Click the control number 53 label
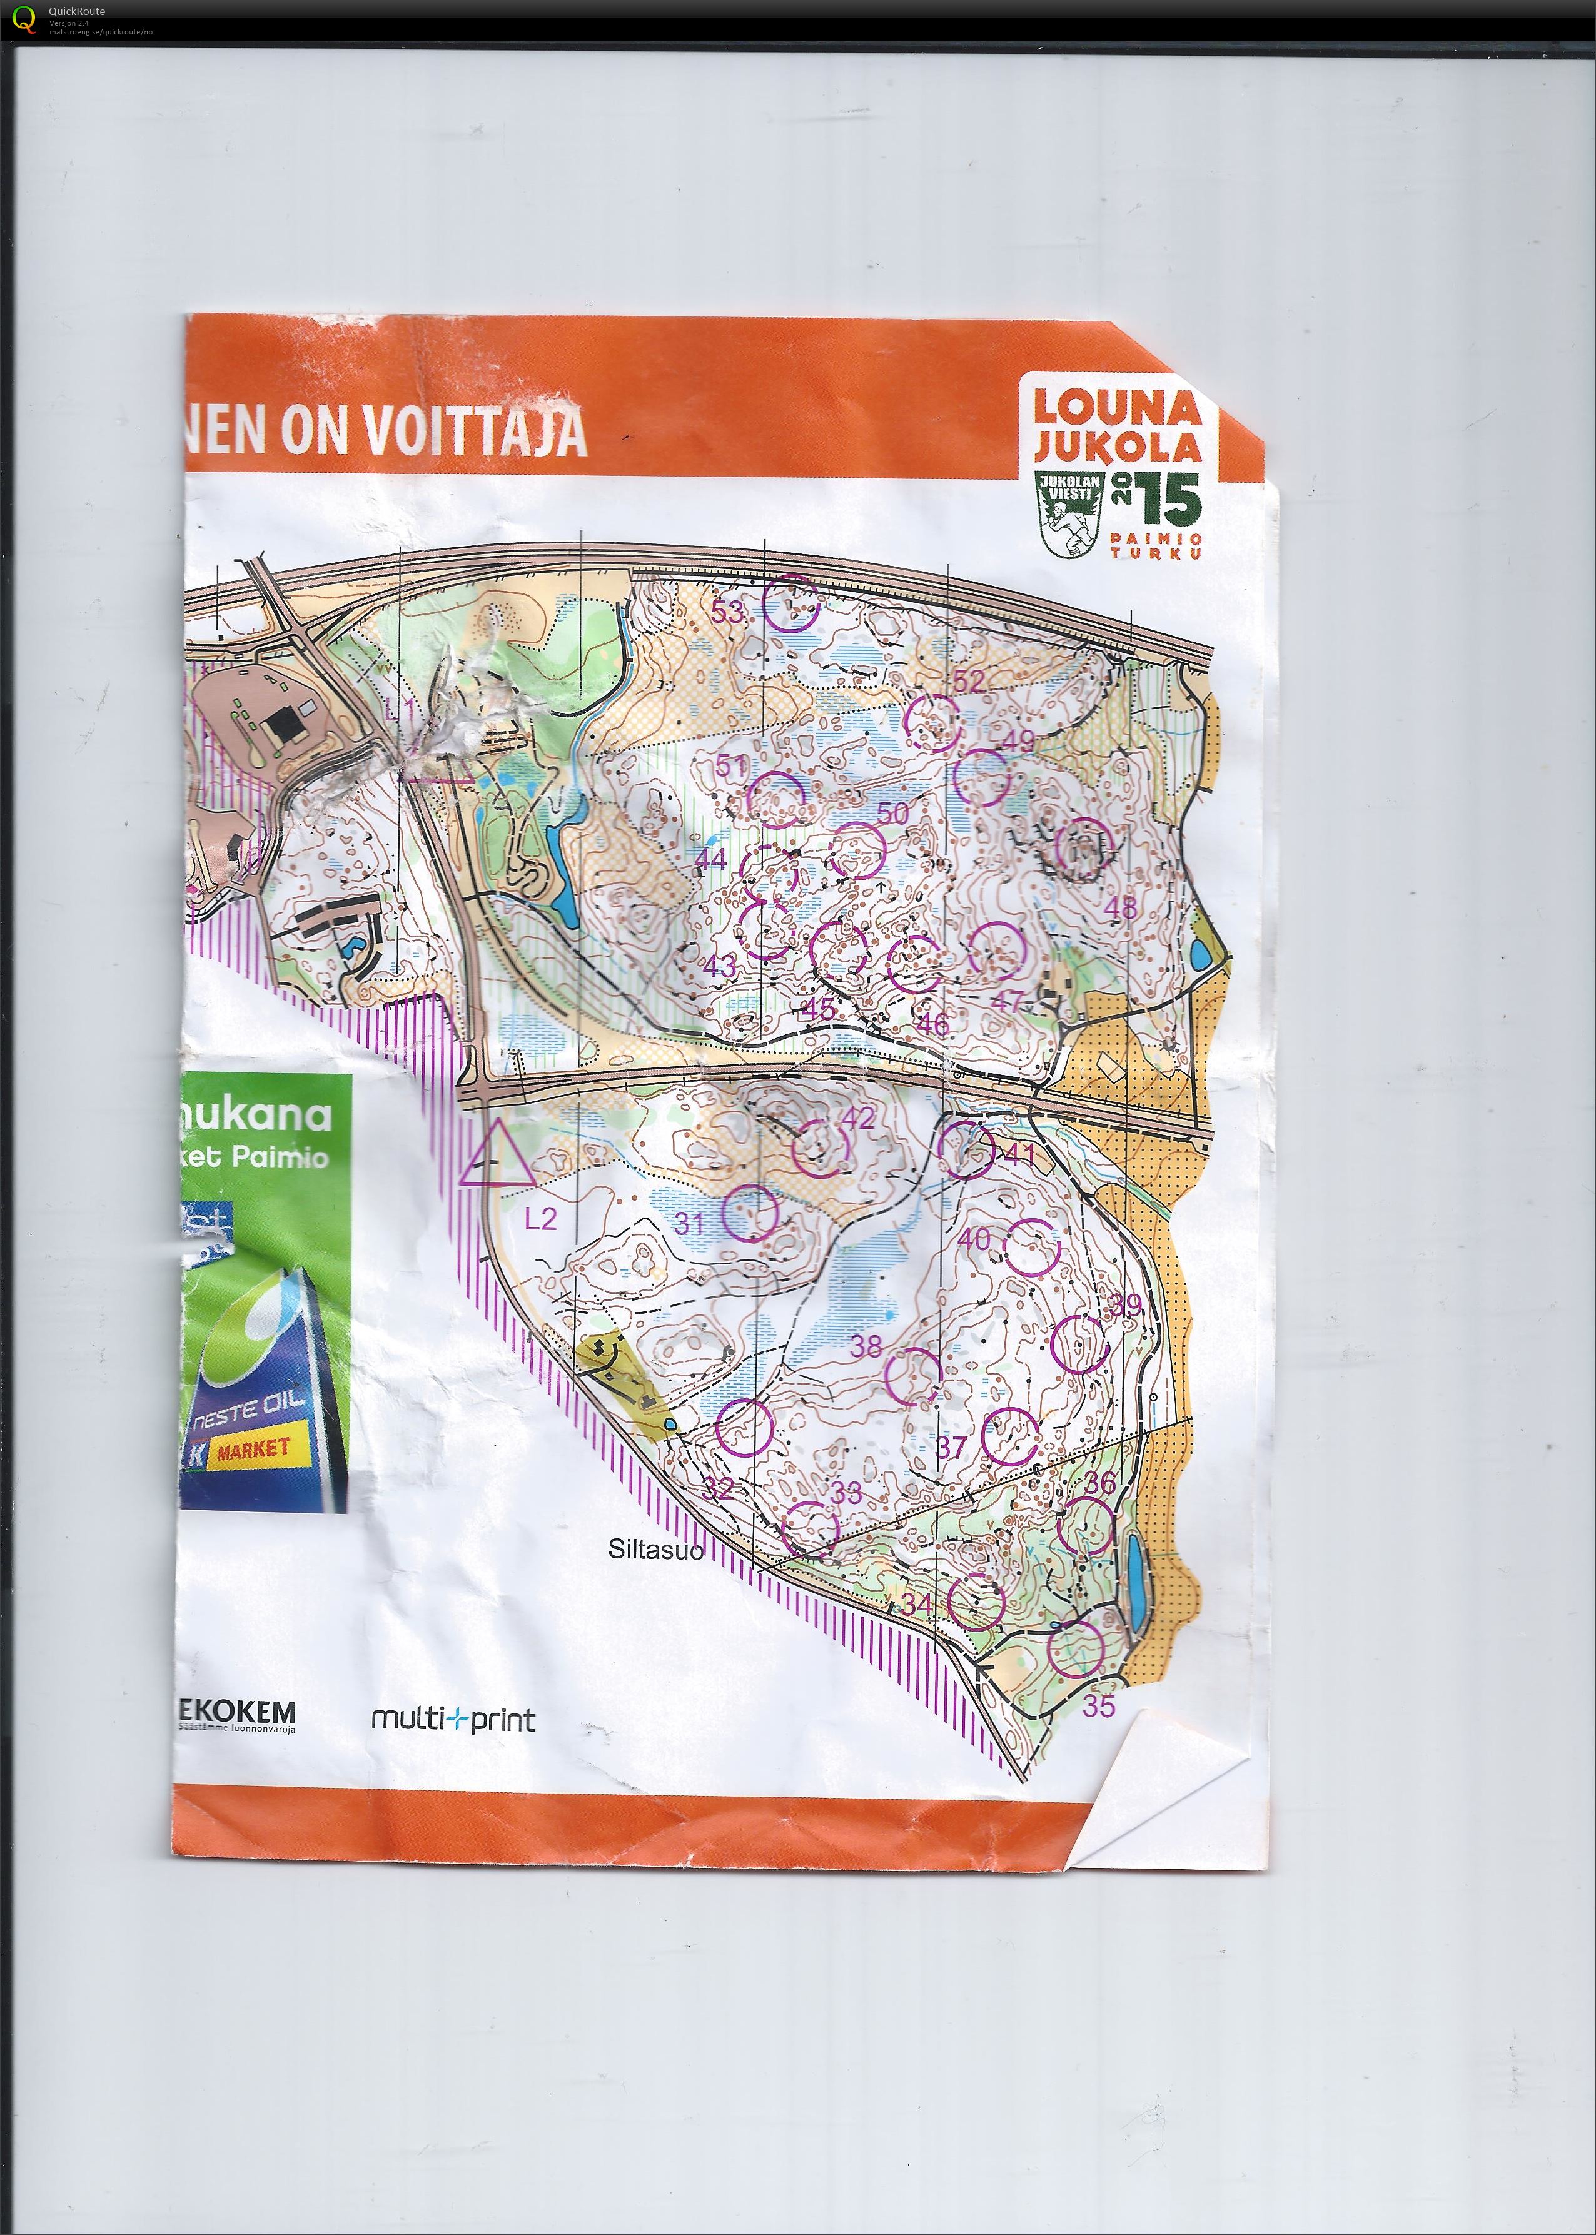[x=728, y=612]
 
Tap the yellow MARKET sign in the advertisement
[x=253, y=1449]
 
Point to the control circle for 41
[x=966, y=1148]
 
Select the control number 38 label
[x=865, y=1346]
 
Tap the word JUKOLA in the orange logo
[x=1118, y=446]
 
